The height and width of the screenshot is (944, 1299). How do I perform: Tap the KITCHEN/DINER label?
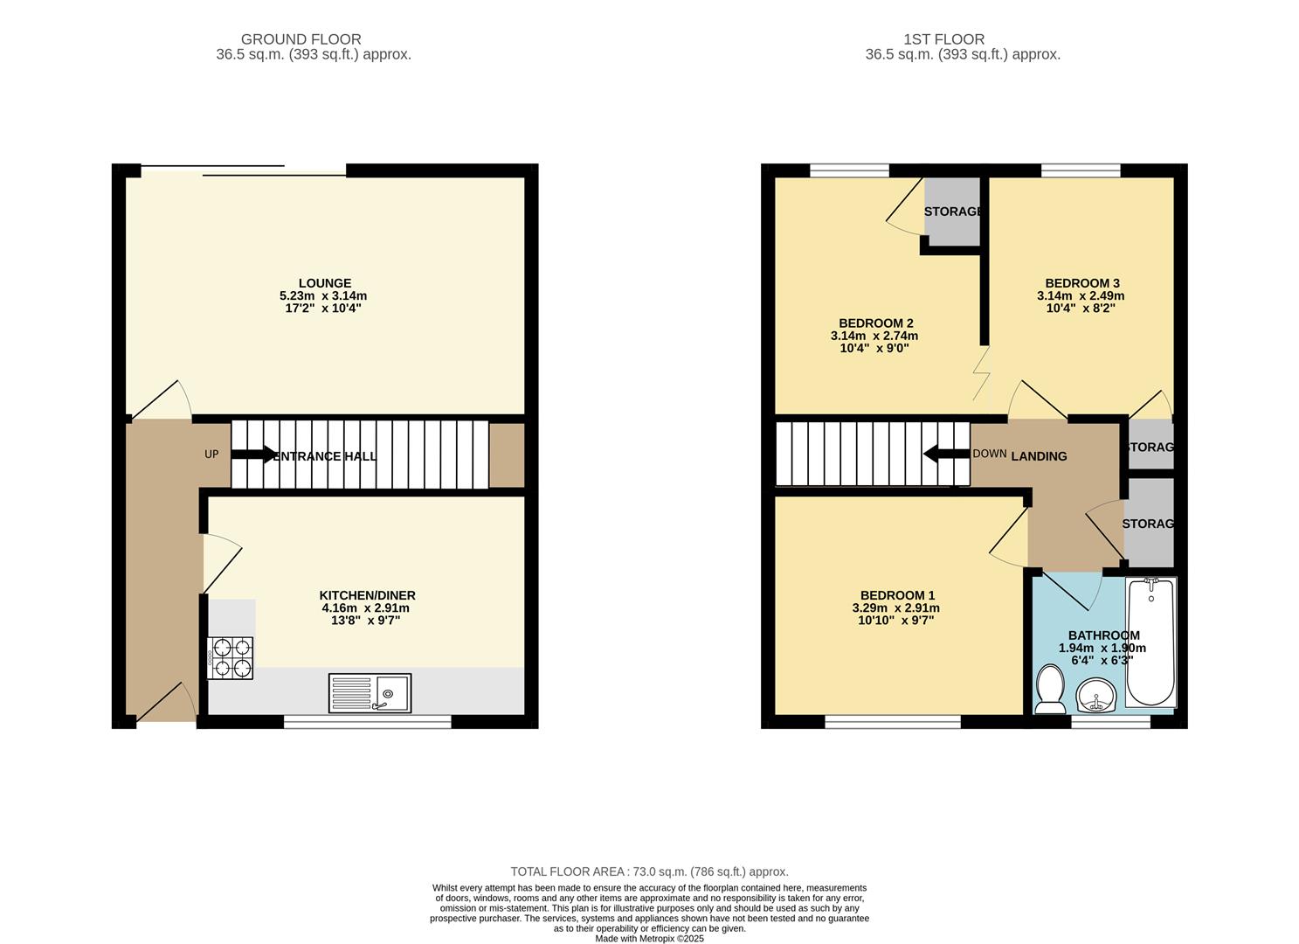[x=367, y=595]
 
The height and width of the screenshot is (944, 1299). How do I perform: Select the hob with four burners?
[x=231, y=658]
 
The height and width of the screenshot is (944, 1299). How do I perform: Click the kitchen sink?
[x=370, y=693]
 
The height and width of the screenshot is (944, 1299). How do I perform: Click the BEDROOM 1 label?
[x=896, y=595]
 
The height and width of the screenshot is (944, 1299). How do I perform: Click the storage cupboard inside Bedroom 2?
[x=952, y=212]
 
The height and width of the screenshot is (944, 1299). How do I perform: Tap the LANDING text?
[x=1039, y=456]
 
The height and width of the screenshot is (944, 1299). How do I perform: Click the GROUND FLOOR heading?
[x=301, y=39]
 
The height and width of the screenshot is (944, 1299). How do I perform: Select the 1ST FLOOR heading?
[x=943, y=39]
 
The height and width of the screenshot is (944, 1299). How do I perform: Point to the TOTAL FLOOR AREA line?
[x=649, y=871]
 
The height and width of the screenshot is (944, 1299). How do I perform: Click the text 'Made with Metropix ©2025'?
[x=649, y=938]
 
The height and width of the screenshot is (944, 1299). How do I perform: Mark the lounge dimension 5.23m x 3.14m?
[x=323, y=296]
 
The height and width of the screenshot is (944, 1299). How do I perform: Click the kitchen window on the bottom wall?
[x=367, y=721]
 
